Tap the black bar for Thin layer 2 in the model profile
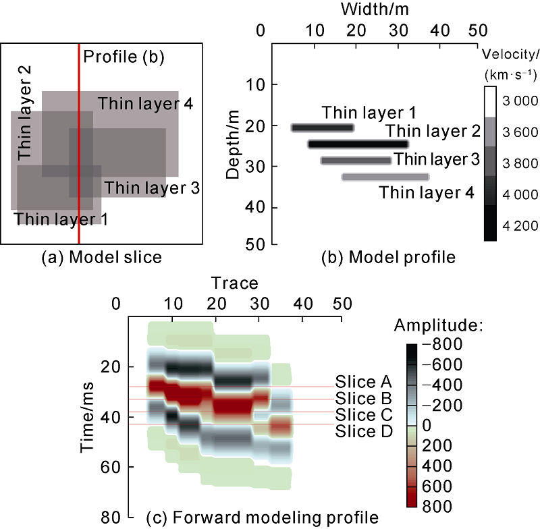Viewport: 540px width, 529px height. [358, 144]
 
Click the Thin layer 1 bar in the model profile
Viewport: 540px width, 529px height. [323, 128]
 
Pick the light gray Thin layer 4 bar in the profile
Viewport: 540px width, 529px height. [385, 177]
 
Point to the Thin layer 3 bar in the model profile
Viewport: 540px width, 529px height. [356, 161]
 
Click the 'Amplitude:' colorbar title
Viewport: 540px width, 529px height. [447, 326]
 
